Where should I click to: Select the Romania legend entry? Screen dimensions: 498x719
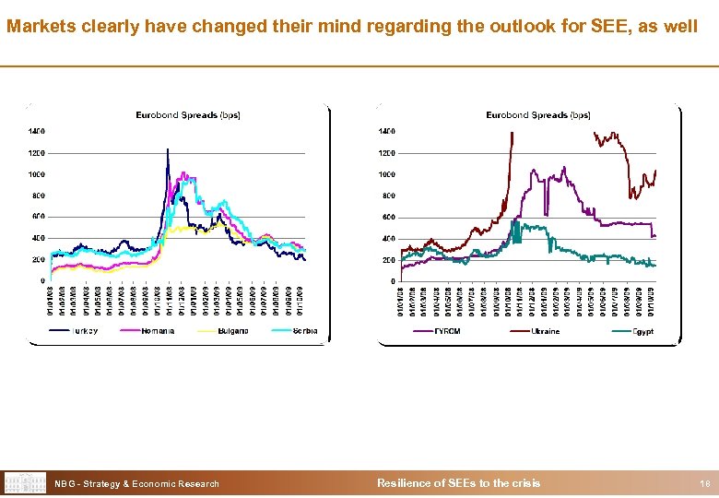(158, 331)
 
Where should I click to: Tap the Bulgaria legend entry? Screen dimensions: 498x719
(231, 331)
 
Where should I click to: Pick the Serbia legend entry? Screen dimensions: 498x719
(303, 331)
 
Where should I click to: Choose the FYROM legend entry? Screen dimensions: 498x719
(447, 331)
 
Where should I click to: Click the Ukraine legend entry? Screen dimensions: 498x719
(545, 331)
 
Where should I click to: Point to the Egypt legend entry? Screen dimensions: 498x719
(642, 331)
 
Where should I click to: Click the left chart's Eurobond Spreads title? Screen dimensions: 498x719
(187, 115)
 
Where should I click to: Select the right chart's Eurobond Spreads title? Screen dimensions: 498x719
(538, 115)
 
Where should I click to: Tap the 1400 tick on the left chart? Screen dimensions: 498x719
(36, 131)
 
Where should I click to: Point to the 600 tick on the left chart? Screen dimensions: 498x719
(39, 217)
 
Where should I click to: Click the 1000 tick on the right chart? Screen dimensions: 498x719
(386, 174)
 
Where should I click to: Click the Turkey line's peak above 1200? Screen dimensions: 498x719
(167, 148)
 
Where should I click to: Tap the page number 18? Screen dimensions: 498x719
(703, 483)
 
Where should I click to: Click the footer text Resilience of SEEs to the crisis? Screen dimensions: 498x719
(459, 483)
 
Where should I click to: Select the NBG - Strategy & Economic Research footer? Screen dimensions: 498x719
(137, 483)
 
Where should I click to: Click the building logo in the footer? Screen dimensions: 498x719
(25, 482)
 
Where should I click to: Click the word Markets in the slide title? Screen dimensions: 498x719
(37, 27)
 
